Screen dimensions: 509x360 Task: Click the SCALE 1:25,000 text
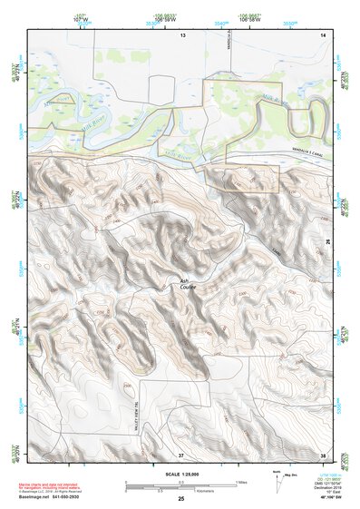coord(180,473)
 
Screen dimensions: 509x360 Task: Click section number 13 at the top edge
coord(181,34)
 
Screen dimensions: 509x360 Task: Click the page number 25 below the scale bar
coord(180,499)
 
